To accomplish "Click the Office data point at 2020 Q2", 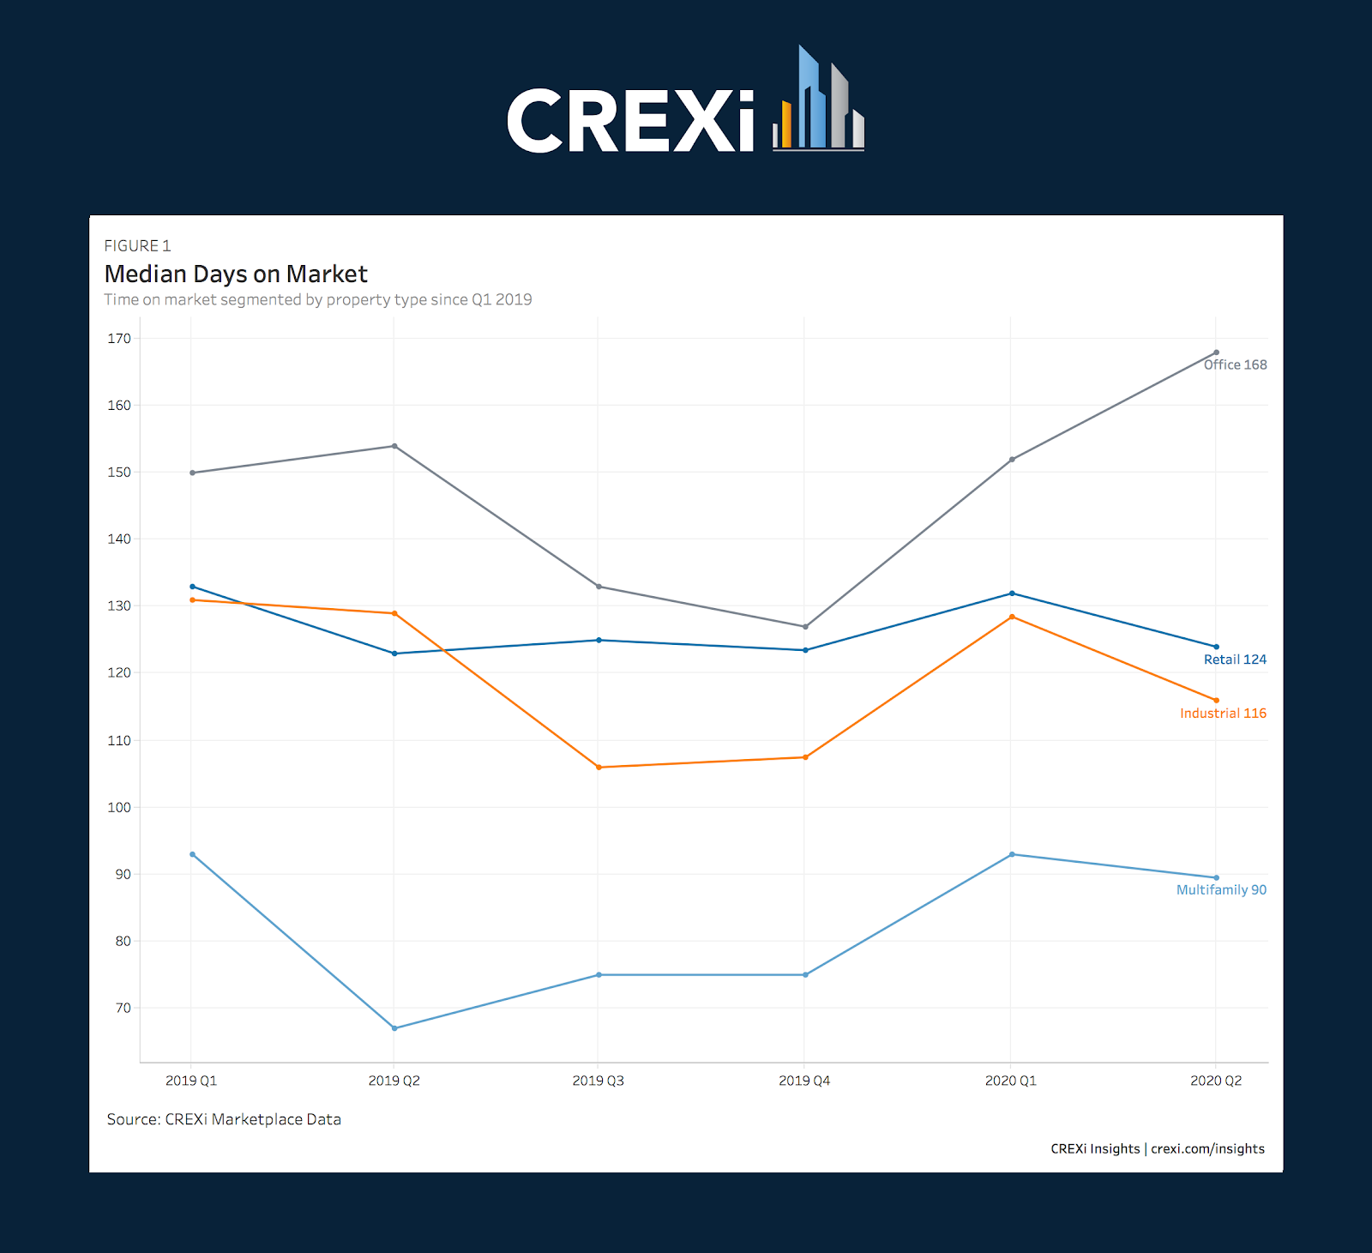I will [x=1216, y=352].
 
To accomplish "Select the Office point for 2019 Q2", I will [x=394, y=446].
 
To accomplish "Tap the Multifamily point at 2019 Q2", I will [x=394, y=1028].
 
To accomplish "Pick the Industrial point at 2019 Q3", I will [x=599, y=768].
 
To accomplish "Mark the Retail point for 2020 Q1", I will [x=1012, y=593].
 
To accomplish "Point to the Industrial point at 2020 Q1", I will [x=1012, y=617].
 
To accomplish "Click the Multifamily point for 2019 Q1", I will [x=192, y=854].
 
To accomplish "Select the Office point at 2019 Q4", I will [x=805, y=627].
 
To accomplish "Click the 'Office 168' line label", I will [x=1235, y=365].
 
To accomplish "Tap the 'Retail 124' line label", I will [x=1235, y=660].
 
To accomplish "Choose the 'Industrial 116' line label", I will [x=1223, y=714].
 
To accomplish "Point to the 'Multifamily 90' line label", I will [x=1221, y=890].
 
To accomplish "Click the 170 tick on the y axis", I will [x=119, y=339].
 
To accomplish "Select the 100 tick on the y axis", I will [x=119, y=807].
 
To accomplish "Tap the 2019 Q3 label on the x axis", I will [x=599, y=1081].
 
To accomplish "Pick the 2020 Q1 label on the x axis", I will [x=1011, y=1081].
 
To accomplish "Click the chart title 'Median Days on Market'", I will [x=236, y=274].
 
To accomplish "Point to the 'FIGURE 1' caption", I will [x=137, y=246].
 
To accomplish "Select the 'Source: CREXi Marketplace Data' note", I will [x=224, y=1119].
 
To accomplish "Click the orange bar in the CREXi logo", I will [x=786, y=124].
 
